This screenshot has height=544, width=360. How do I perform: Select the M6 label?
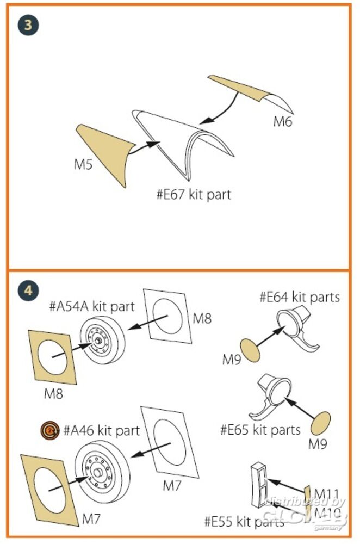[282, 121]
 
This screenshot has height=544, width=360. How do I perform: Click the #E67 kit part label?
[193, 194]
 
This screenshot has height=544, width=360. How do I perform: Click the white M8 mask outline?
[167, 316]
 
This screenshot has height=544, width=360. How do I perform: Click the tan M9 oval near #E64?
[250, 351]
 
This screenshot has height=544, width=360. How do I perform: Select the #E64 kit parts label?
[300, 297]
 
